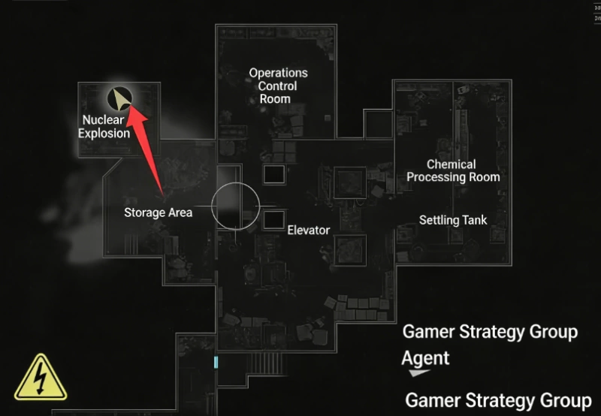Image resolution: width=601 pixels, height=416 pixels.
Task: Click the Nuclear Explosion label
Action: pyautogui.click(x=104, y=127)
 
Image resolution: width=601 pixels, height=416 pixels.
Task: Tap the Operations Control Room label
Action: pyautogui.click(x=278, y=86)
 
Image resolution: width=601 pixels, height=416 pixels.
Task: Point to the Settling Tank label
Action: pyautogui.click(x=453, y=220)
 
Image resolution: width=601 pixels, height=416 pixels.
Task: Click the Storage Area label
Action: pyautogui.click(x=158, y=213)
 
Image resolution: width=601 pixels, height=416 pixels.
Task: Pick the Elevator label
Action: pyautogui.click(x=308, y=230)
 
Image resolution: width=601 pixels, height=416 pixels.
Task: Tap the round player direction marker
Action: pyautogui.click(x=119, y=98)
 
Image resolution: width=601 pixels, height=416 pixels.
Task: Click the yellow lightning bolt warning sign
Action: pyautogui.click(x=41, y=376)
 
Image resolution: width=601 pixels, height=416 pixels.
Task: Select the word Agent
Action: pyautogui.click(x=425, y=358)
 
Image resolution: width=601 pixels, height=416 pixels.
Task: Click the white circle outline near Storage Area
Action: pyautogui.click(x=234, y=204)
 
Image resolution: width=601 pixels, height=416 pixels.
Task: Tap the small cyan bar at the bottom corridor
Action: pyautogui.click(x=216, y=363)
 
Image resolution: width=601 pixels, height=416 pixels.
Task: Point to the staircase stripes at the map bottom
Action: pyautogui.click(x=267, y=364)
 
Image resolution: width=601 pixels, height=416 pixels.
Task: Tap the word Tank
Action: pyautogui.click(x=474, y=220)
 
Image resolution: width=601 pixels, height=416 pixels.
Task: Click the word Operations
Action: pyautogui.click(x=278, y=73)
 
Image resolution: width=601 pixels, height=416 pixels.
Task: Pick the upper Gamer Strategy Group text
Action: pyautogui.click(x=490, y=332)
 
